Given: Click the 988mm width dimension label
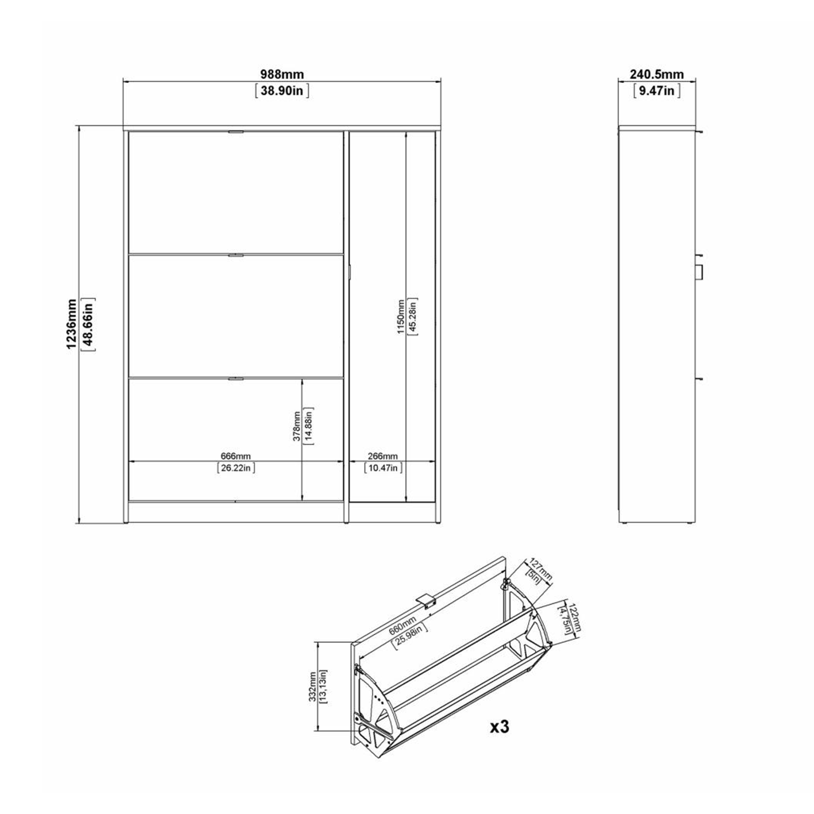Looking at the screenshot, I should tap(282, 74).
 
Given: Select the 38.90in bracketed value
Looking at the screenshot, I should tap(282, 91).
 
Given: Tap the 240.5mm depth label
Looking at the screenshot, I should tap(657, 74).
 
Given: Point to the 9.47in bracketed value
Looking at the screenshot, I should tap(657, 91).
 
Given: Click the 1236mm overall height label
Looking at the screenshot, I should tap(72, 324).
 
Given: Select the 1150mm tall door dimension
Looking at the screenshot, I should tap(401, 316).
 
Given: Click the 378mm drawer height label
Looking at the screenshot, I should tap(297, 426).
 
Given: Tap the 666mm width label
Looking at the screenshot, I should tap(236, 456).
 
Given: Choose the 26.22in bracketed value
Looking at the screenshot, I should tap(236, 468).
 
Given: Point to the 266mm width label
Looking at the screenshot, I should tap(383, 456).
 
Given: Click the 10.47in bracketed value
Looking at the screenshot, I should tap(383, 468).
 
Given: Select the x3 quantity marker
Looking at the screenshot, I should tap(499, 727).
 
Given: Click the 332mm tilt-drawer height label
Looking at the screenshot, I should tap(312, 686).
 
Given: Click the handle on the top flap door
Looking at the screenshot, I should tap(236, 132).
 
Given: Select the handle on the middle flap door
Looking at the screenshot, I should tap(236, 255).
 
